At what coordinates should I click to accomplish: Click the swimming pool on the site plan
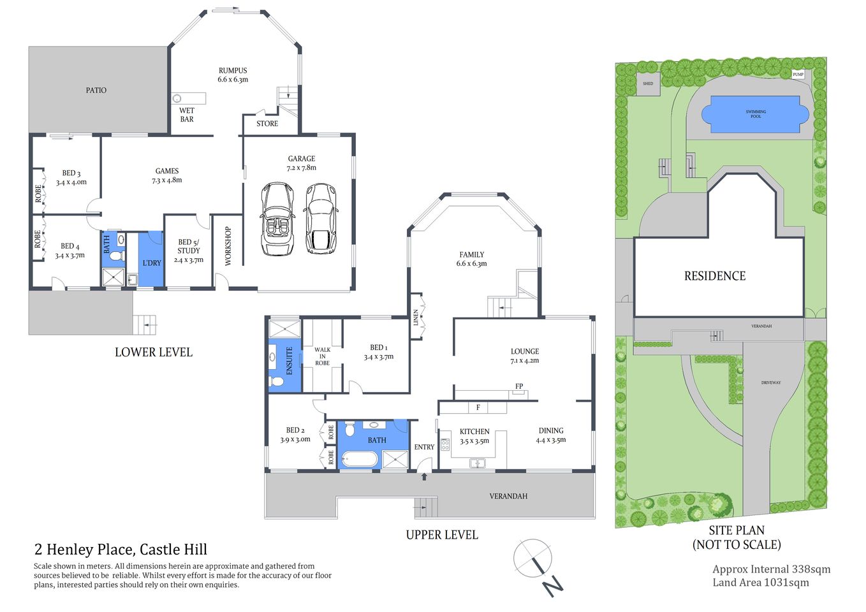755,114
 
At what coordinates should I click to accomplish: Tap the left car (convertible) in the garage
277,219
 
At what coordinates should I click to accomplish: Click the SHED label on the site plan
648,84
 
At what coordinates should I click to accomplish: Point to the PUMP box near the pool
798,75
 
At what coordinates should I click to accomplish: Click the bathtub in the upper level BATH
359,459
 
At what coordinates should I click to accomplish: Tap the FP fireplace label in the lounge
519,386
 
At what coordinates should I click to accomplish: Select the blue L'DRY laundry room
151,259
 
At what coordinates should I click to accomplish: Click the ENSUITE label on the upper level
289,360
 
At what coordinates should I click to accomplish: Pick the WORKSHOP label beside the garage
228,246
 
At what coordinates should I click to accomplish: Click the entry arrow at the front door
423,476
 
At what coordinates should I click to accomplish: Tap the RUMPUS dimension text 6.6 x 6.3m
233,80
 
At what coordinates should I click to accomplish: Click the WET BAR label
187,115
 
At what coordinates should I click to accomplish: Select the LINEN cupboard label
416,317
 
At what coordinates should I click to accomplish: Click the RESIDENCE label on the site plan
715,276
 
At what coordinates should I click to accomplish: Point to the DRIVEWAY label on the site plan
770,382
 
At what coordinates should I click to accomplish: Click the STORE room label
267,124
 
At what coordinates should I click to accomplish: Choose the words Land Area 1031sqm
760,582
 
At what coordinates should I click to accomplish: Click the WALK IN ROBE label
322,356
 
